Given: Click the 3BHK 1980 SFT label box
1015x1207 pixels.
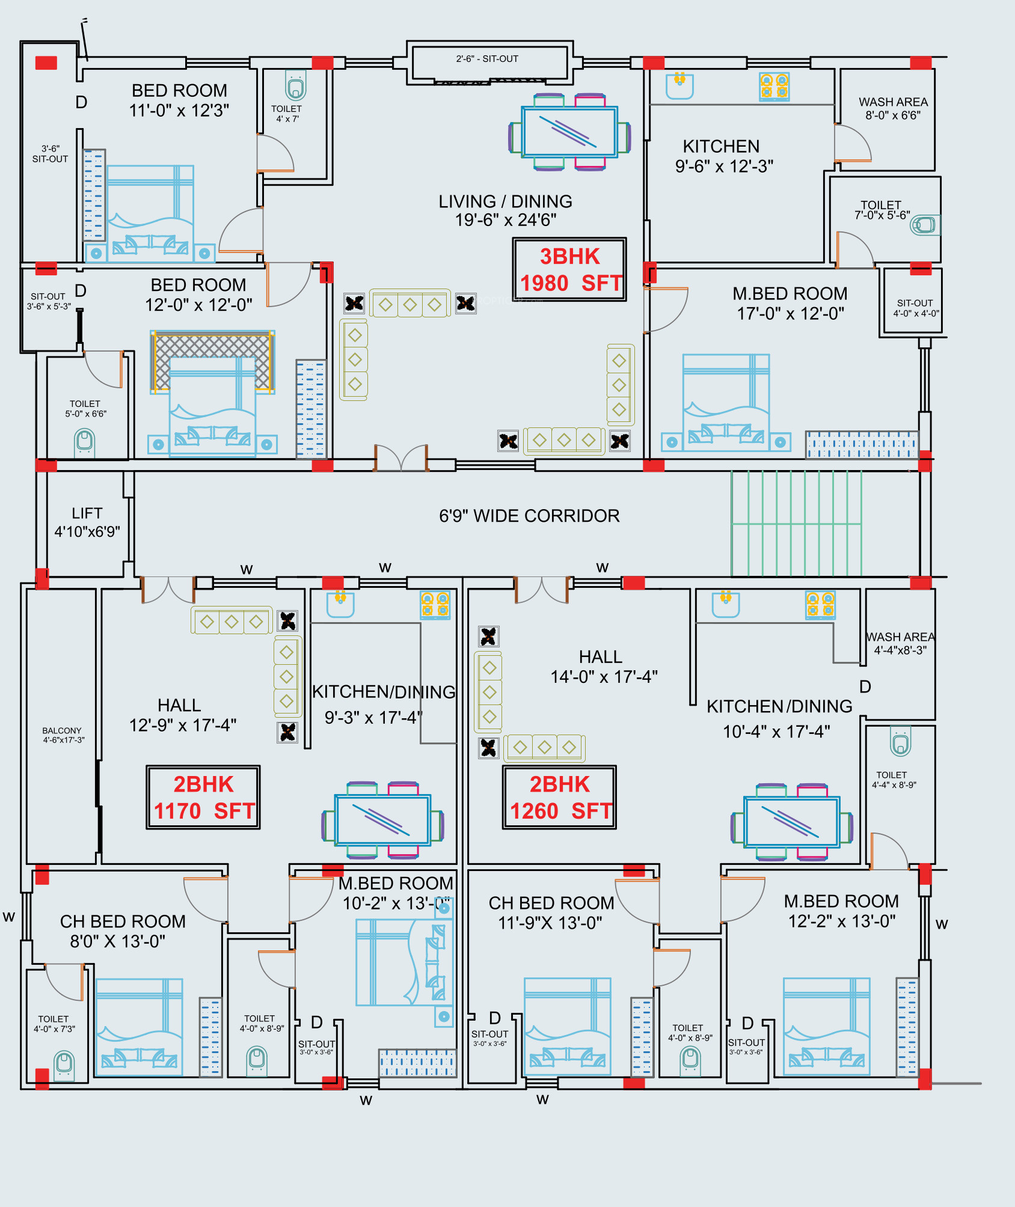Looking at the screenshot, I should [x=569, y=269].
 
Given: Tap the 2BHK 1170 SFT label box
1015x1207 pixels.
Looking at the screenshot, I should [x=203, y=797].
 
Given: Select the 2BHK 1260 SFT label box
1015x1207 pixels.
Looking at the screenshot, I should [x=559, y=797].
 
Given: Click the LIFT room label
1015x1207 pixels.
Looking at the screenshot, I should [x=87, y=522].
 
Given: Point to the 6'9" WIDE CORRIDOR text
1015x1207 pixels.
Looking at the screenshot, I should [x=529, y=516].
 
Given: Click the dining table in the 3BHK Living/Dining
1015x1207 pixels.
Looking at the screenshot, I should [x=569, y=132].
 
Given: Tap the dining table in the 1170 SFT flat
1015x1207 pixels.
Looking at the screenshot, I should [x=383, y=819].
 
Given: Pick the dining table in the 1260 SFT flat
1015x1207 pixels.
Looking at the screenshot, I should [x=791, y=822].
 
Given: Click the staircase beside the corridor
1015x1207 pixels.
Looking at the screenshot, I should [x=796, y=523].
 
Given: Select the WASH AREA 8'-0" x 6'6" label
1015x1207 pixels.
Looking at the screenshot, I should [x=893, y=108].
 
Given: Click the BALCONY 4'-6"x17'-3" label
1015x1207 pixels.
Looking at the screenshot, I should [x=63, y=735].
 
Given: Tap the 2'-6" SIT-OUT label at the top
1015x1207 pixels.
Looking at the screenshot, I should [x=487, y=59].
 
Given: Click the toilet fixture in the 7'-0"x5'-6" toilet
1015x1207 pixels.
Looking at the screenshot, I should [x=924, y=225].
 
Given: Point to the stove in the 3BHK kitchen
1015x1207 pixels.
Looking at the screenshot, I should [x=774, y=87].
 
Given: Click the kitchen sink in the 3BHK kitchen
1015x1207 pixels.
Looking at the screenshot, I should [x=679, y=85].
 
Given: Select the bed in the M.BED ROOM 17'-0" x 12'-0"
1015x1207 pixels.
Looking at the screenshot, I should [x=726, y=403].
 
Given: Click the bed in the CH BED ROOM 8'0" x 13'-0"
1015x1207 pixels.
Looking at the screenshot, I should [x=139, y=1027].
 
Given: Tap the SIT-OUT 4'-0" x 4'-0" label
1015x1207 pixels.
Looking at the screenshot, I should [x=915, y=308].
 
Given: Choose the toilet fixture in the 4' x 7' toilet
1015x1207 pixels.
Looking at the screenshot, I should [x=295, y=86].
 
